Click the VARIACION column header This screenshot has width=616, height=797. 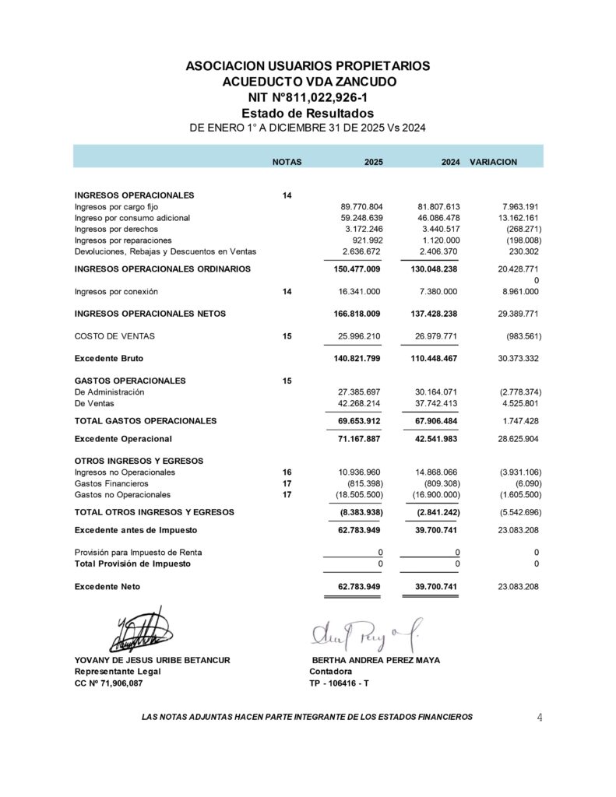(493, 162)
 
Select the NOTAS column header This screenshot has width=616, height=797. (287, 162)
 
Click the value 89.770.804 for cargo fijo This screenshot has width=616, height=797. (361, 207)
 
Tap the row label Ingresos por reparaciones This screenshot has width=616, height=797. (123, 241)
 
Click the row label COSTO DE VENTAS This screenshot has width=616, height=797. (114, 336)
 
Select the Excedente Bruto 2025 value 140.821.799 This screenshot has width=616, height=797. (353, 359)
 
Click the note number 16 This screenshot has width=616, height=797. (287, 472)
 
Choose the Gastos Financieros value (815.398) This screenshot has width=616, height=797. (360, 483)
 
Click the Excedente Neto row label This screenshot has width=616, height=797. (107, 587)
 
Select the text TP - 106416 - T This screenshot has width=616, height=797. (339, 683)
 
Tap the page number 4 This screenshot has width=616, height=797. (540, 718)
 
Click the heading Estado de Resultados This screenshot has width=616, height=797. (308, 114)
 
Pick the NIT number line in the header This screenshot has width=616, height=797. (308, 97)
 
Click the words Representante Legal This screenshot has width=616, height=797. (112, 672)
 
